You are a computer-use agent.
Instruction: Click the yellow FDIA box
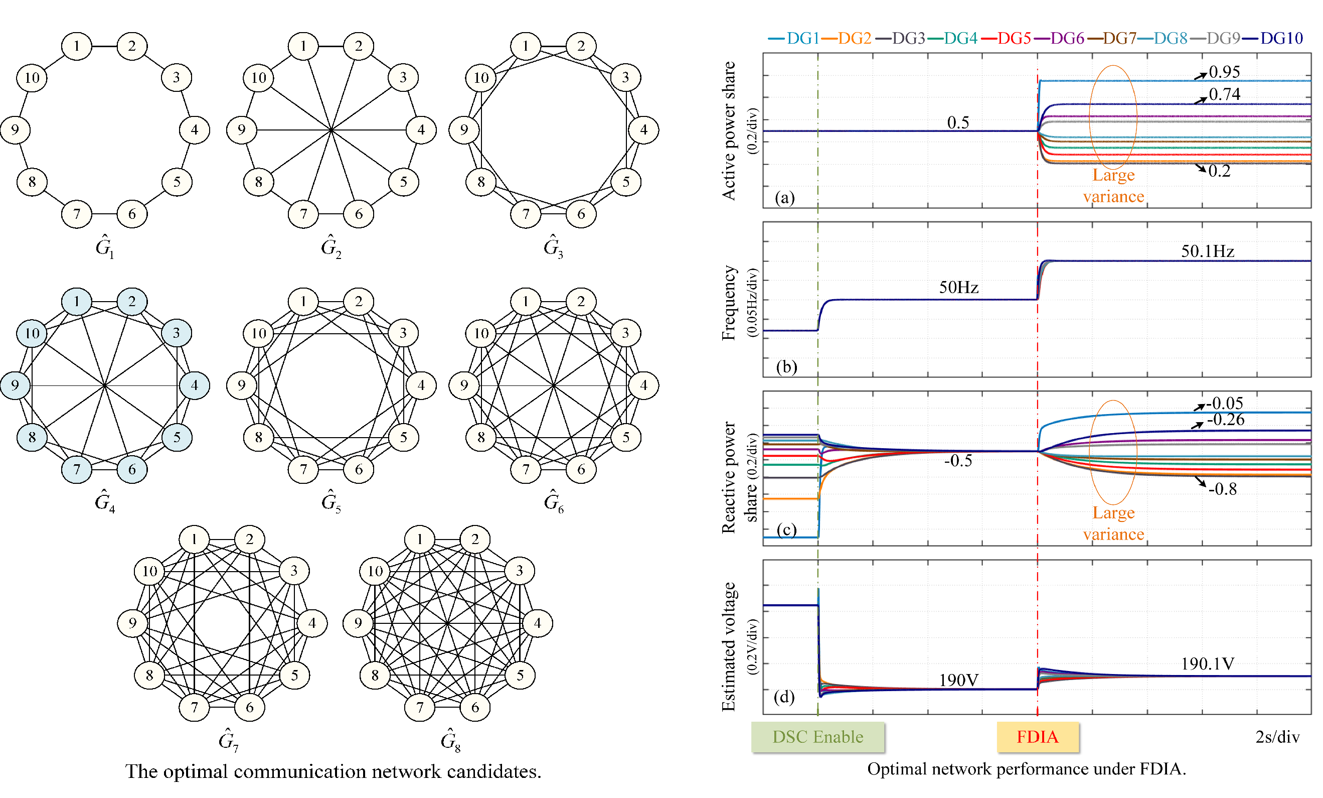click(1037, 736)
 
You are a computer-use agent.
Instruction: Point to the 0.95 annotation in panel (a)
click(1224, 72)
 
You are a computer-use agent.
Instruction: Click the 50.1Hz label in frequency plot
click(1207, 251)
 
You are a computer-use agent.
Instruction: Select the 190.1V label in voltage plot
click(1207, 663)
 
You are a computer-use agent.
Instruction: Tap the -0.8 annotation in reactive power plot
click(1222, 489)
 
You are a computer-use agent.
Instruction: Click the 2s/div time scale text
click(1277, 737)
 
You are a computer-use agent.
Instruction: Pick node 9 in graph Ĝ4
click(15, 385)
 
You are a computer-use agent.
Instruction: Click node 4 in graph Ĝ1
click(195, 129)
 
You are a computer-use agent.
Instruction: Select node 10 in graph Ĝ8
click(375, 571)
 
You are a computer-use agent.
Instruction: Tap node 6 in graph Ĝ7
click(250, 707)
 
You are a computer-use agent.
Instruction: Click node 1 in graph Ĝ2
click(303, 46)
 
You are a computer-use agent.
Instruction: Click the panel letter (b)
click(786, 366)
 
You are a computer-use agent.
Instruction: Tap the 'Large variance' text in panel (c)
click(1113, 523)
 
